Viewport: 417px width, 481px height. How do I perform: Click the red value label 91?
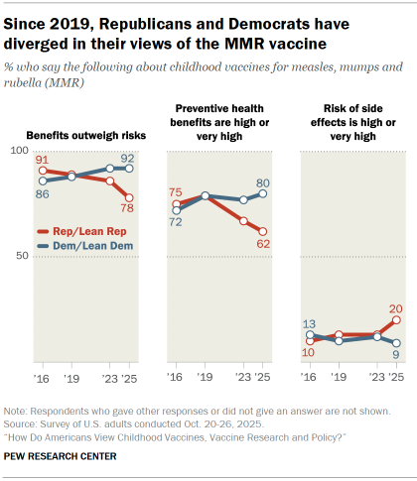[42, 159]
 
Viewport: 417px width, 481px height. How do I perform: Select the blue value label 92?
[127, 157]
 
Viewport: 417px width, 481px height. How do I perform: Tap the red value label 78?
[128, 209]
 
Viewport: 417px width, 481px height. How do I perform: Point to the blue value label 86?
[42, 193]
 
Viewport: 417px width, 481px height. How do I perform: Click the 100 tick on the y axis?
[17, 149]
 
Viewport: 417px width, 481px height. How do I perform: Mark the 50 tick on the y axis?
[20, 256]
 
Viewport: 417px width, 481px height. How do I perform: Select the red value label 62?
[262, 242]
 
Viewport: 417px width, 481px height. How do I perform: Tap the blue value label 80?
[262, 182]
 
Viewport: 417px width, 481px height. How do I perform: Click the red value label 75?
[176, 192]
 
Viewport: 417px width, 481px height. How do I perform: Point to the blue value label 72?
[176, 222]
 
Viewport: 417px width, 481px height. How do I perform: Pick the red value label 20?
[395, 307]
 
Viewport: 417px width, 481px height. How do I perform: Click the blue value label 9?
[395, 354]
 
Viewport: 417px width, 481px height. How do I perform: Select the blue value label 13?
[310, 324]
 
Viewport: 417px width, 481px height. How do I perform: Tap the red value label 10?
[310, 352]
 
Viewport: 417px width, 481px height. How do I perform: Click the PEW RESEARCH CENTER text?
[60, 456]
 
